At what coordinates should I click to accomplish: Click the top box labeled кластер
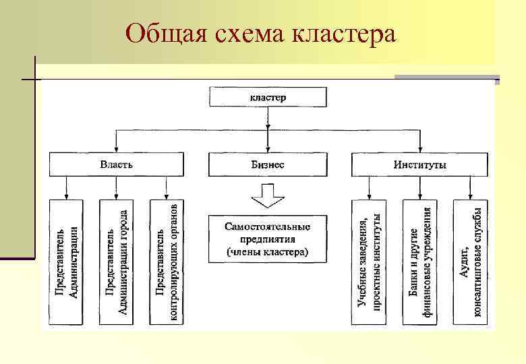pyautogui.click(x=268, y=97)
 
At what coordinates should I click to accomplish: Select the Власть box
pyautogui.click(x=117, y=164)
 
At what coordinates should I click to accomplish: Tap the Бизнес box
pyautogui.click(x=268, y=164)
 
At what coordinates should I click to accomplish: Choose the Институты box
pyautogui.click(x=419, y=164)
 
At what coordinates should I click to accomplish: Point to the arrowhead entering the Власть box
pyautogui.click(x=117, y=150)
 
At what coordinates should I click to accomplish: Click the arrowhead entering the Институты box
pyautogui.click(x=419, y=150)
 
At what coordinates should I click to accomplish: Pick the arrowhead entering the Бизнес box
pyautogui.click(x=268, y=150)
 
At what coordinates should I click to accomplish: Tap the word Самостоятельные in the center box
pyautogui.click(x=268, y=227)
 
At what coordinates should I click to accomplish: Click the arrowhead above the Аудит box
pyautogui.click(x=470, y=196)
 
